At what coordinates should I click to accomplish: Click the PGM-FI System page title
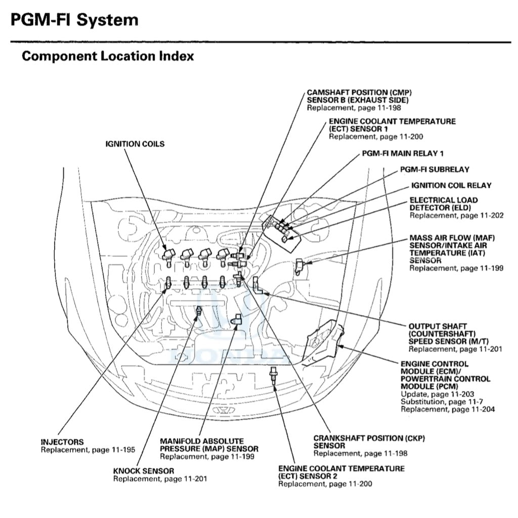tap(74, 20)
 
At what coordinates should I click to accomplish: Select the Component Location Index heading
tap(108, 56)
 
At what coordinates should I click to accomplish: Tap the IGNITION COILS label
tap(135, 144)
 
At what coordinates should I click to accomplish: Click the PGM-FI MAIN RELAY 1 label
tap(403, 153)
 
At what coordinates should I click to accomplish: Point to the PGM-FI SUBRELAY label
tap(435, 169)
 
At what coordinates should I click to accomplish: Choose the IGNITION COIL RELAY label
tap(451, 186)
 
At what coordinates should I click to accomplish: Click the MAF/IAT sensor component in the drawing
tap(300, 266)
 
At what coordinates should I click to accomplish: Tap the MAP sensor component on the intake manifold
tap(236, 319)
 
